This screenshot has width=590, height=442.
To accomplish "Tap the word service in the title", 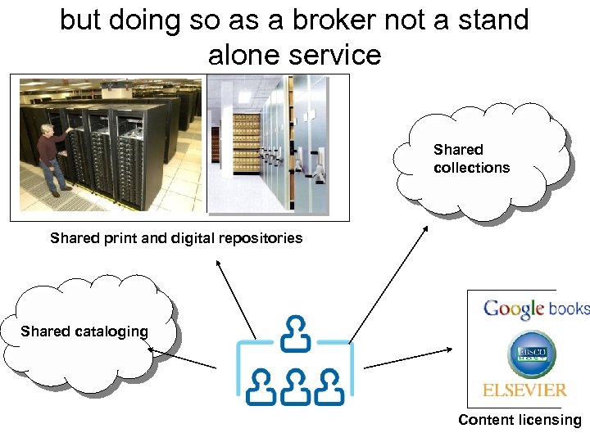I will [337, 55].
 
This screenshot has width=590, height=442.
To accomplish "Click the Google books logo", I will [535, 309].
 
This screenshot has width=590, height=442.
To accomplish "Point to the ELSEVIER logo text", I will [524, 390].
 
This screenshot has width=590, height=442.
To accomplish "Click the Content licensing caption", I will [520, 420].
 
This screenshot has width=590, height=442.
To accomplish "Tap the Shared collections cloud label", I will [471, 159].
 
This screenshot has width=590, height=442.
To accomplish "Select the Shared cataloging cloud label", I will [84, 331].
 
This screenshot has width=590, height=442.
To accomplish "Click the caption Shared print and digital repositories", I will [176, 238].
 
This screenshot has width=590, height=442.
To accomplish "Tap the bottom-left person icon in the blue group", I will [261, 385].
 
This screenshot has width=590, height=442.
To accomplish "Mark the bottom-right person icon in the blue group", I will [329, 385].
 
